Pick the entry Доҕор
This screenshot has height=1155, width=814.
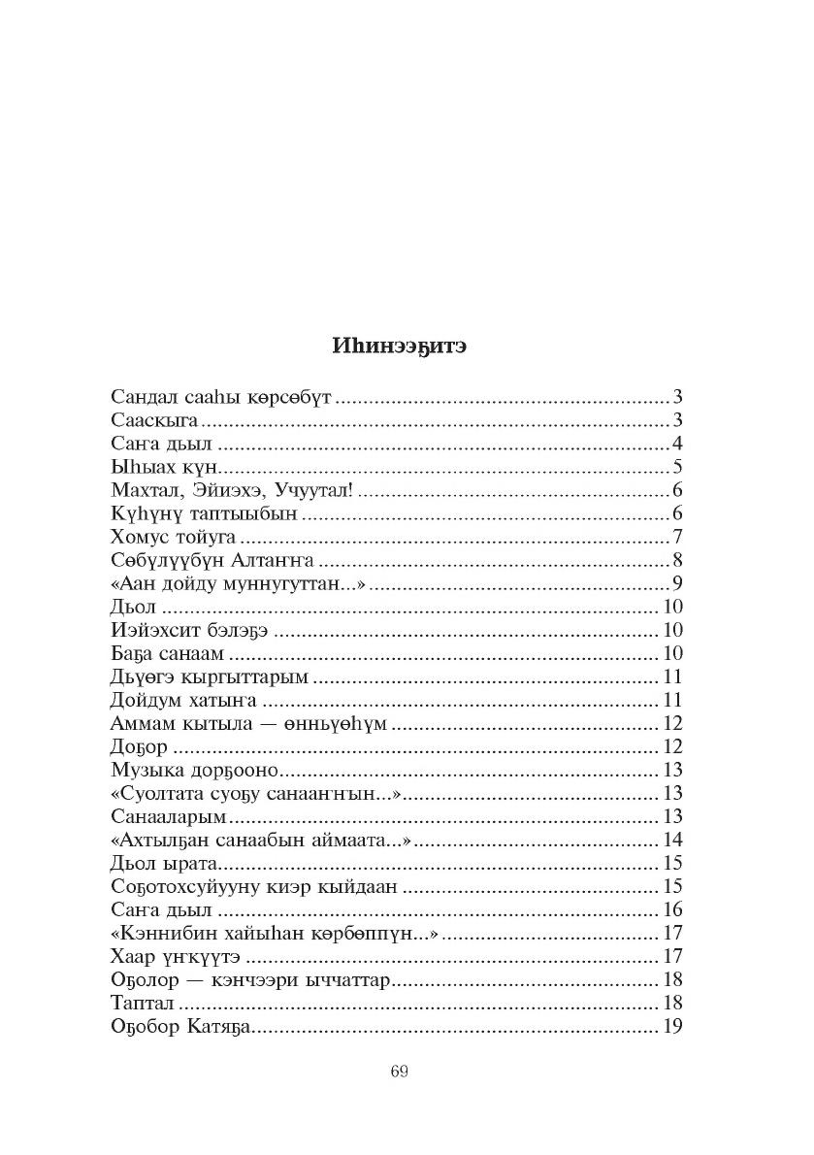141,746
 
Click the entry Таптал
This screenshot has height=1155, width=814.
142,1003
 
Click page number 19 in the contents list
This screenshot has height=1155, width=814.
672,1026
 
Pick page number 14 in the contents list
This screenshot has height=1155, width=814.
672,840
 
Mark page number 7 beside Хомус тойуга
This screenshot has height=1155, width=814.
678,537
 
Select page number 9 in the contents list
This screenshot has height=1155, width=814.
678,583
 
